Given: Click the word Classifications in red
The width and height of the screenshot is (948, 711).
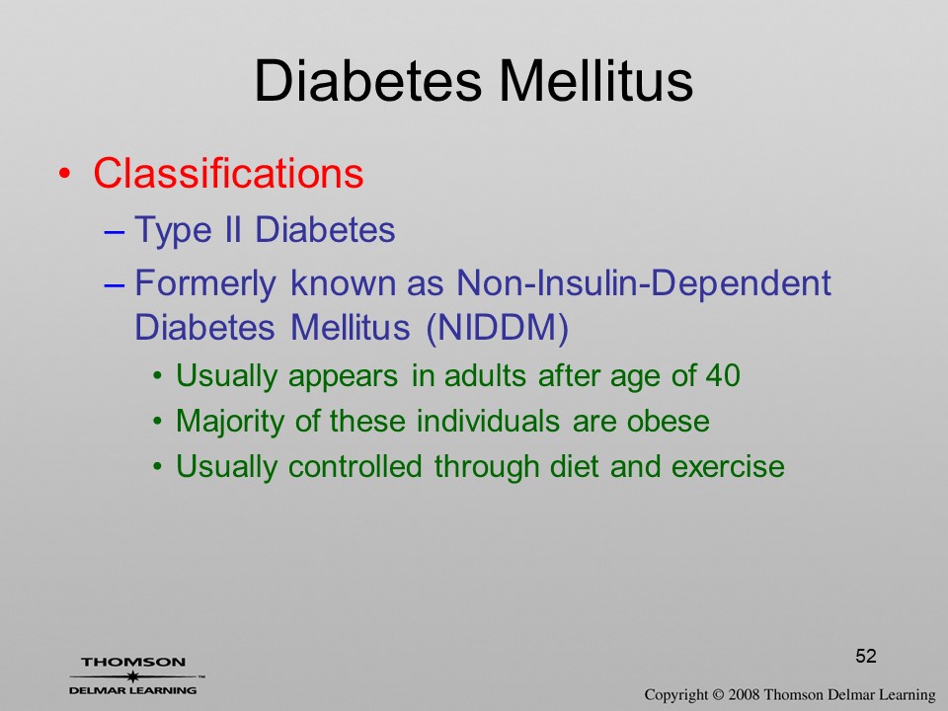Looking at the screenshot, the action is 228,174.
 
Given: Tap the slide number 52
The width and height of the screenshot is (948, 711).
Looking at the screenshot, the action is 866,656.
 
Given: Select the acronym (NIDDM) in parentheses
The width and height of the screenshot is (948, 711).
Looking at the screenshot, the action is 497,328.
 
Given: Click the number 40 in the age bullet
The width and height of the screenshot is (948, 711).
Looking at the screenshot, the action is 723,375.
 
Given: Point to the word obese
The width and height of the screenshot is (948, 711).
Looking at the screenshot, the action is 669,421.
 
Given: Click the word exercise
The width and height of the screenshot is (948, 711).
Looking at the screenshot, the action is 728,466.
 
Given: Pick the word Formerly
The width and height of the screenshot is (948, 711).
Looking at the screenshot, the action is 205,283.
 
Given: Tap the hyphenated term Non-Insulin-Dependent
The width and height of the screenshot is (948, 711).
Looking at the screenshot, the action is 643,282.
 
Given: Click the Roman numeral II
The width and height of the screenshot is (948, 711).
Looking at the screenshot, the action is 233,230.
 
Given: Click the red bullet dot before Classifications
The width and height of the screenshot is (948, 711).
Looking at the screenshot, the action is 65,174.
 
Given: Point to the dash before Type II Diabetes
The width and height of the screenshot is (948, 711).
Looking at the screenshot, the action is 115,231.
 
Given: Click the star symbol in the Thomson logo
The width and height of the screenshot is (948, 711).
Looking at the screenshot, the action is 133,675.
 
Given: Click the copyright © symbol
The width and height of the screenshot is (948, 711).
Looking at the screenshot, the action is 718,694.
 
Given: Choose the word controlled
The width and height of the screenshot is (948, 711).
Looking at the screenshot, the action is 355,466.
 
